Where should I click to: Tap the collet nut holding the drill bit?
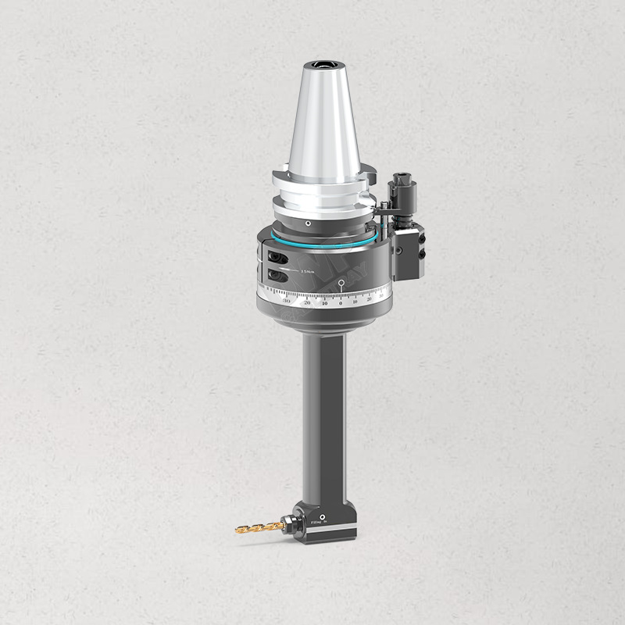294,524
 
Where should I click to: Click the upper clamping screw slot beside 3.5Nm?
275,257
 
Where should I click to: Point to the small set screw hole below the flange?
309,224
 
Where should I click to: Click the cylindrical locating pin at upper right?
404,191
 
